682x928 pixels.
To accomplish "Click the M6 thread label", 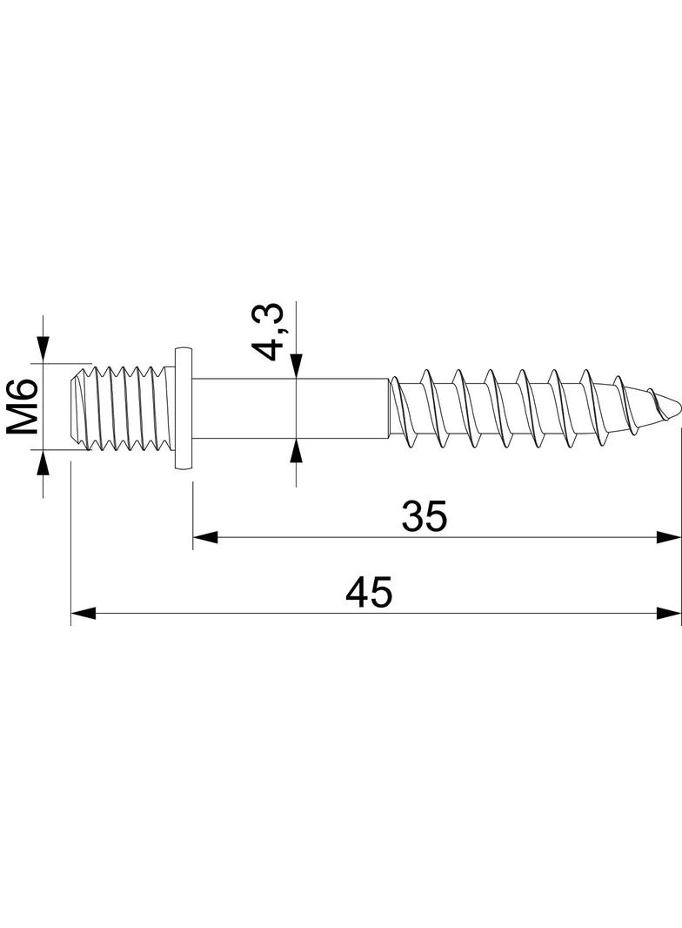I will (x=23, y=406).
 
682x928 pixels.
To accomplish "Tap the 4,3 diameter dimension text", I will (x=268, y=332).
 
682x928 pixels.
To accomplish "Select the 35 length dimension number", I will (x=425, y=517).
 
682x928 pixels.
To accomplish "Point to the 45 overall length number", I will (x=370, y=594).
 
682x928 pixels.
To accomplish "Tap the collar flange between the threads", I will (x=183, y=407).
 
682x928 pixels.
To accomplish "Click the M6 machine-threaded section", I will (x=126, y=407).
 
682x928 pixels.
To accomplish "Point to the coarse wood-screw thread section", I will (x=513, y=407).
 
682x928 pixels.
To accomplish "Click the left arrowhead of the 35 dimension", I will (x=204, y=538).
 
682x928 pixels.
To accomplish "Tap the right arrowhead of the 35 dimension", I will (x=669, y=538).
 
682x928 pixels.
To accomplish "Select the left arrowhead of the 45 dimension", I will (x=82, y=614).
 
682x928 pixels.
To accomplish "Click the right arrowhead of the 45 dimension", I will (x=669, y=614).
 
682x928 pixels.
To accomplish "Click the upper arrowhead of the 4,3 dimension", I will (x=296, y=366).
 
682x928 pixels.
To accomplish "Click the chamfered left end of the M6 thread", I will (x=77, y=407).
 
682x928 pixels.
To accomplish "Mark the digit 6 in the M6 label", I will (x=23, y=391).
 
